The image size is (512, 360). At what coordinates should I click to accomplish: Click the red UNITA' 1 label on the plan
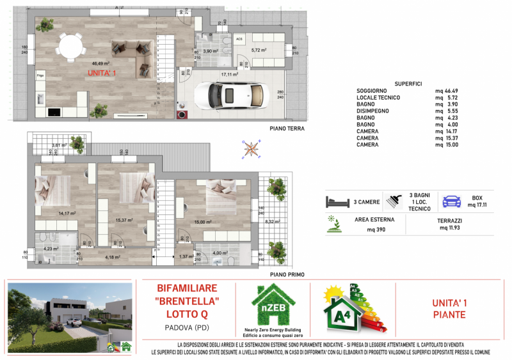102,74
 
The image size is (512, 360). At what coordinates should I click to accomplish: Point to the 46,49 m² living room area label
100,63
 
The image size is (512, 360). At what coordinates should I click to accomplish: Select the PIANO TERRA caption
287,129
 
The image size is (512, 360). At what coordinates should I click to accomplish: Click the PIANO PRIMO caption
287,274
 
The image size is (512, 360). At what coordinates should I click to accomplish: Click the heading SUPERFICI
408,84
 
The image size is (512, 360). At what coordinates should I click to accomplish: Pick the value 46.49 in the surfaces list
448,91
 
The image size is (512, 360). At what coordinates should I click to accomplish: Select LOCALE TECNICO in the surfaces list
378,98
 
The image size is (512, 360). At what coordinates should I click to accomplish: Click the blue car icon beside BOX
451,201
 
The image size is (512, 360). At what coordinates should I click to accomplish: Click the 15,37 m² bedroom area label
124,220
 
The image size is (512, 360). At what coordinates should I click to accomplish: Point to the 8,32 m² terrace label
273,222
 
